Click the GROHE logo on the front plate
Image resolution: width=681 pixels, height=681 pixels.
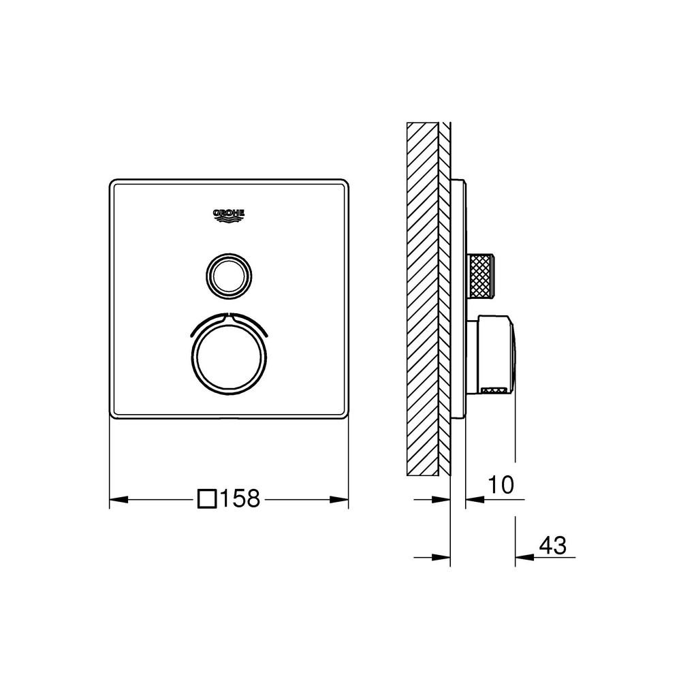click(x=229, y=216)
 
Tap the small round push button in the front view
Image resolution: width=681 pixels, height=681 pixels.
click(x=229, y=276)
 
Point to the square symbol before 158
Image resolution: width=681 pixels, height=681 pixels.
click(x=207, y=498)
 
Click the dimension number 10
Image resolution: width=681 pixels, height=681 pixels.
click(x=501, y=485)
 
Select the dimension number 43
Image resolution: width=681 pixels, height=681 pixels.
click(x=553, y=545)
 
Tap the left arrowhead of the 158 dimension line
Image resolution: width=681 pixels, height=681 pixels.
click(x=118, y=500)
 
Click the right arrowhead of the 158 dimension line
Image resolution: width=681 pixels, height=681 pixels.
click(x=339, y=500)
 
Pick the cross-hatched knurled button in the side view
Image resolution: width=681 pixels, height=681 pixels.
click(x=480, y=276)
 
